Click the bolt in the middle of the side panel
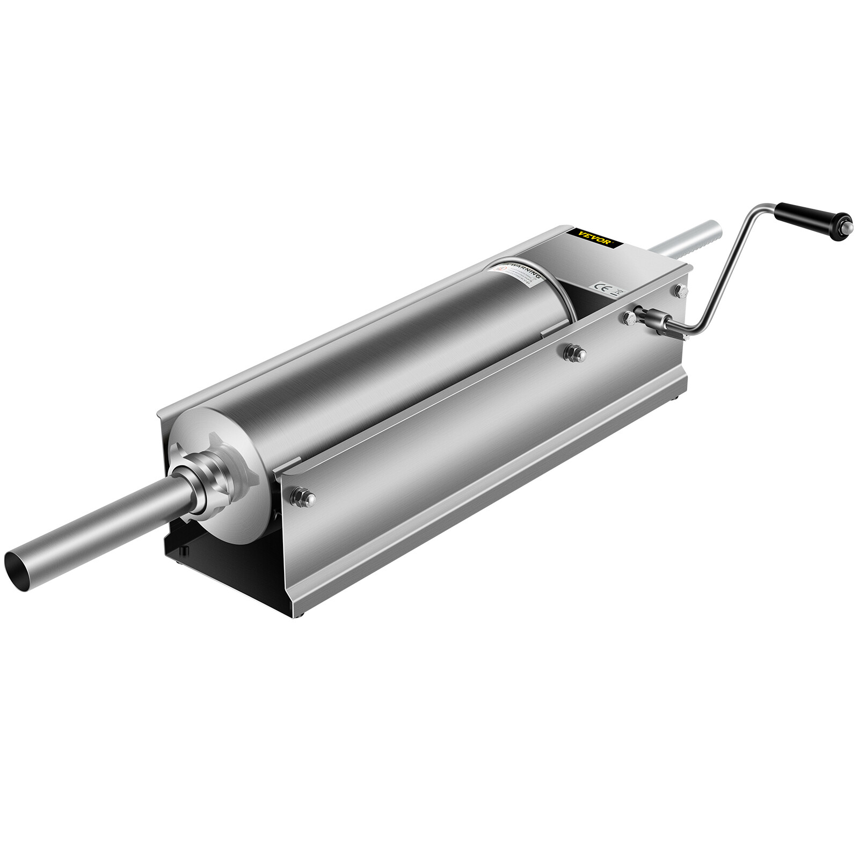point(574,352)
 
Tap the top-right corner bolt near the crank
point(681,290)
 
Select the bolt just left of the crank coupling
point(629,317)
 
